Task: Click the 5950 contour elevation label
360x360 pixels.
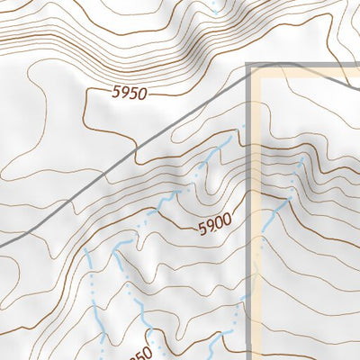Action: tap(130, 92)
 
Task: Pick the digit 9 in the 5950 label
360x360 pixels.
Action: tap(126, 92)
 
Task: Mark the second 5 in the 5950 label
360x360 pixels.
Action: tap(134, 92)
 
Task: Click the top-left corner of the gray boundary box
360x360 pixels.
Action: tap(249, 66)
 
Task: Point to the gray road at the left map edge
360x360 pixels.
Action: tap(3, 244)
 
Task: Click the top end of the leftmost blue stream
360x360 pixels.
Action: tap(88, 253)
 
